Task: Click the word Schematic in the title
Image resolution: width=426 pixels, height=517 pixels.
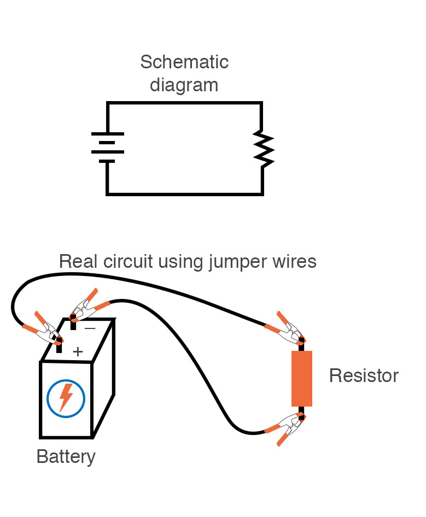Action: tap(184, 62)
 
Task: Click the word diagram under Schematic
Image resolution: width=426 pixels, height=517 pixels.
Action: tap(184, 85)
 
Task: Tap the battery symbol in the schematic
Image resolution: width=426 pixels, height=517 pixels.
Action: tap(107, 148)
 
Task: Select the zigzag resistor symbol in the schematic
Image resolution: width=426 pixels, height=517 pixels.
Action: tap(263, 148)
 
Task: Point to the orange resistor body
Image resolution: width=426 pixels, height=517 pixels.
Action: tap(301, 378)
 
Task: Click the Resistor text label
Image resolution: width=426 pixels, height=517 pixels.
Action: tap(364, 376)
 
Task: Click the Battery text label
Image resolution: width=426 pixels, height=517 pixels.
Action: tap(66, 456)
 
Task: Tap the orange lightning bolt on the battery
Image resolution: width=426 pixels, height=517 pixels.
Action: tap(66, 397)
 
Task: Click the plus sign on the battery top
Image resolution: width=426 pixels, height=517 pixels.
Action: tap(78, 351)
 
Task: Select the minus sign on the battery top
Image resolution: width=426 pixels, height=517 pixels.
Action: tap(90, 328)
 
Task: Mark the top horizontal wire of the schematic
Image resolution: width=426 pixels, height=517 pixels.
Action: tap(184, 103)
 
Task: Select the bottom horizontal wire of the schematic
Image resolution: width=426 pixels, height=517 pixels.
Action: tap(184, 193)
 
